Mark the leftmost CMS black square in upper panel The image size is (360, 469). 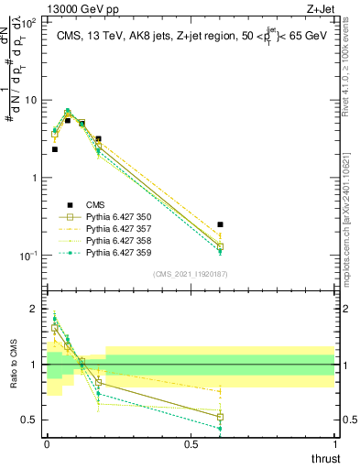[55, 148]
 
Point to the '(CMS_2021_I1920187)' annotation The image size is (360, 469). [190, 274]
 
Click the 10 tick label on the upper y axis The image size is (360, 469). [32, 100]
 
